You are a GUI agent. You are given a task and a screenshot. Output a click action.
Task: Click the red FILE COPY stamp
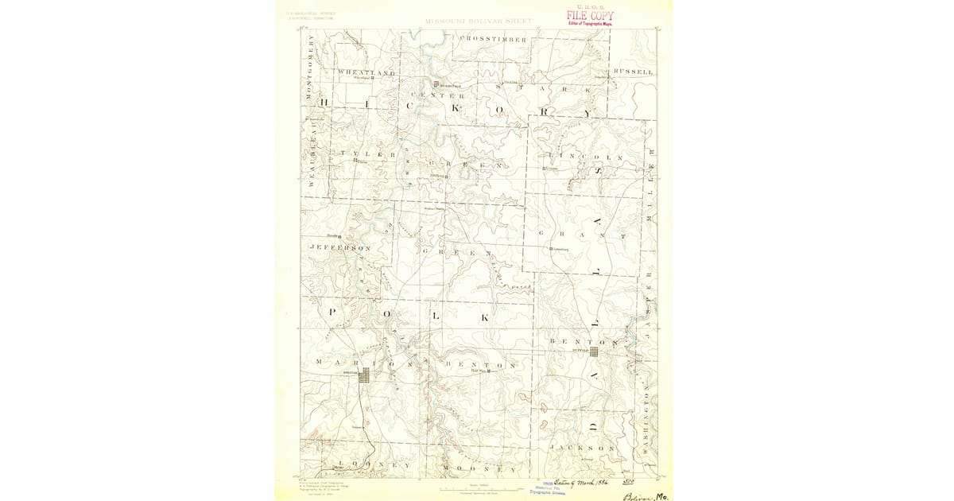[590, 15]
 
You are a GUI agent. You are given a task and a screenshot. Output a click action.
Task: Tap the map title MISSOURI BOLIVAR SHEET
[475, 21]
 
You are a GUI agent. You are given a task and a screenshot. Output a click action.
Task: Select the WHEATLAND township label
[366, 72]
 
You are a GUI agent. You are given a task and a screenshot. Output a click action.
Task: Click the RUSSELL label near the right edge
[634, 72]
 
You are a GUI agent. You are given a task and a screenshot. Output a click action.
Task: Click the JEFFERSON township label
[339, 248]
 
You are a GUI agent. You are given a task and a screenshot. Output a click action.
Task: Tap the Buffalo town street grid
[594, 348]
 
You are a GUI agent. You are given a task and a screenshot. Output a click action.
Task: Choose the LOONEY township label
[374, 464]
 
